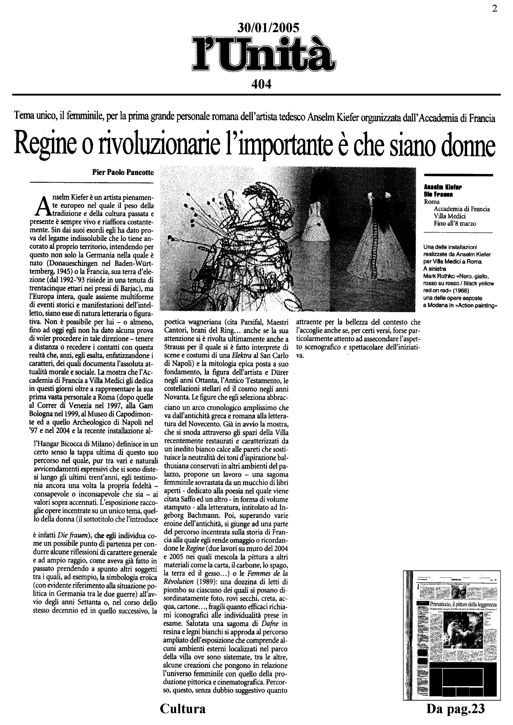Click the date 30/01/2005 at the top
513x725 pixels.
pos(268,28)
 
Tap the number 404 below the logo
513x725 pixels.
pos(261,84)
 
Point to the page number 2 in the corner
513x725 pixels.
pos(494,9)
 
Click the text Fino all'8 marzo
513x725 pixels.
pos(455,224)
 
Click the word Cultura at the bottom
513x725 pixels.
pos(183,708)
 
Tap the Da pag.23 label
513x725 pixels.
pos(455,708)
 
